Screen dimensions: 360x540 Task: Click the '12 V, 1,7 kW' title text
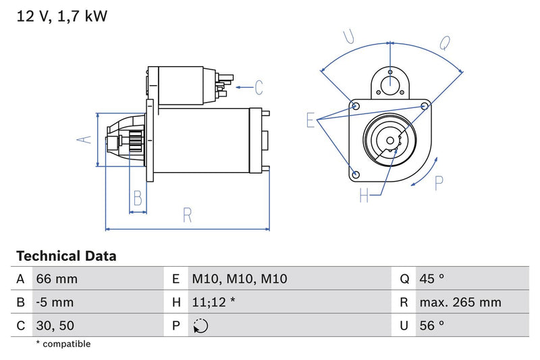(x=61, y=16)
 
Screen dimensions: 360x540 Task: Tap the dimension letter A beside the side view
(x=83, y=139)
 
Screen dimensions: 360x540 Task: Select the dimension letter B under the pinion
(x=138, y=199)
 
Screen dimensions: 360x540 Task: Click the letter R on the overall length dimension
(x=187, y=215)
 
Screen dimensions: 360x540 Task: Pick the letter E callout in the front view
(x=310, y=120)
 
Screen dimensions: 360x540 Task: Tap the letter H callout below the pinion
(x=364, y=196)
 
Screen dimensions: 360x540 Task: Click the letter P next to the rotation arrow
(x=439, y=182)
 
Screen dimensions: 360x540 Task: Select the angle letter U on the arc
(x=349, y=37)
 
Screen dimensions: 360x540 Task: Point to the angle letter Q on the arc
(x=445, y=43)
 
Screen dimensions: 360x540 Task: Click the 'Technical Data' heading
(x=66, y=257)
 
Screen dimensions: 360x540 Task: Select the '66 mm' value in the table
(x=57, y=279)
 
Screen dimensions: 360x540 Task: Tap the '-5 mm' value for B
(x=55, y=303)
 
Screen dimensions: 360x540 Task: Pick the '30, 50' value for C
(x=55, y=326)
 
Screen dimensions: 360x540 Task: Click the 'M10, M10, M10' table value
(x=230, y=279)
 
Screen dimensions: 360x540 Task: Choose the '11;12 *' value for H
(x=213, y=303)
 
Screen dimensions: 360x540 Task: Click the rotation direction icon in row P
(x=200, y=326)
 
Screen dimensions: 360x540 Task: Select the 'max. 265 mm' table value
(x=460, y=303)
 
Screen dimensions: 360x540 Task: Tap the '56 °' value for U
(x=431, y=326)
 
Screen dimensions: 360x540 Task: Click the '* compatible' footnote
(x=63, y=344)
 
